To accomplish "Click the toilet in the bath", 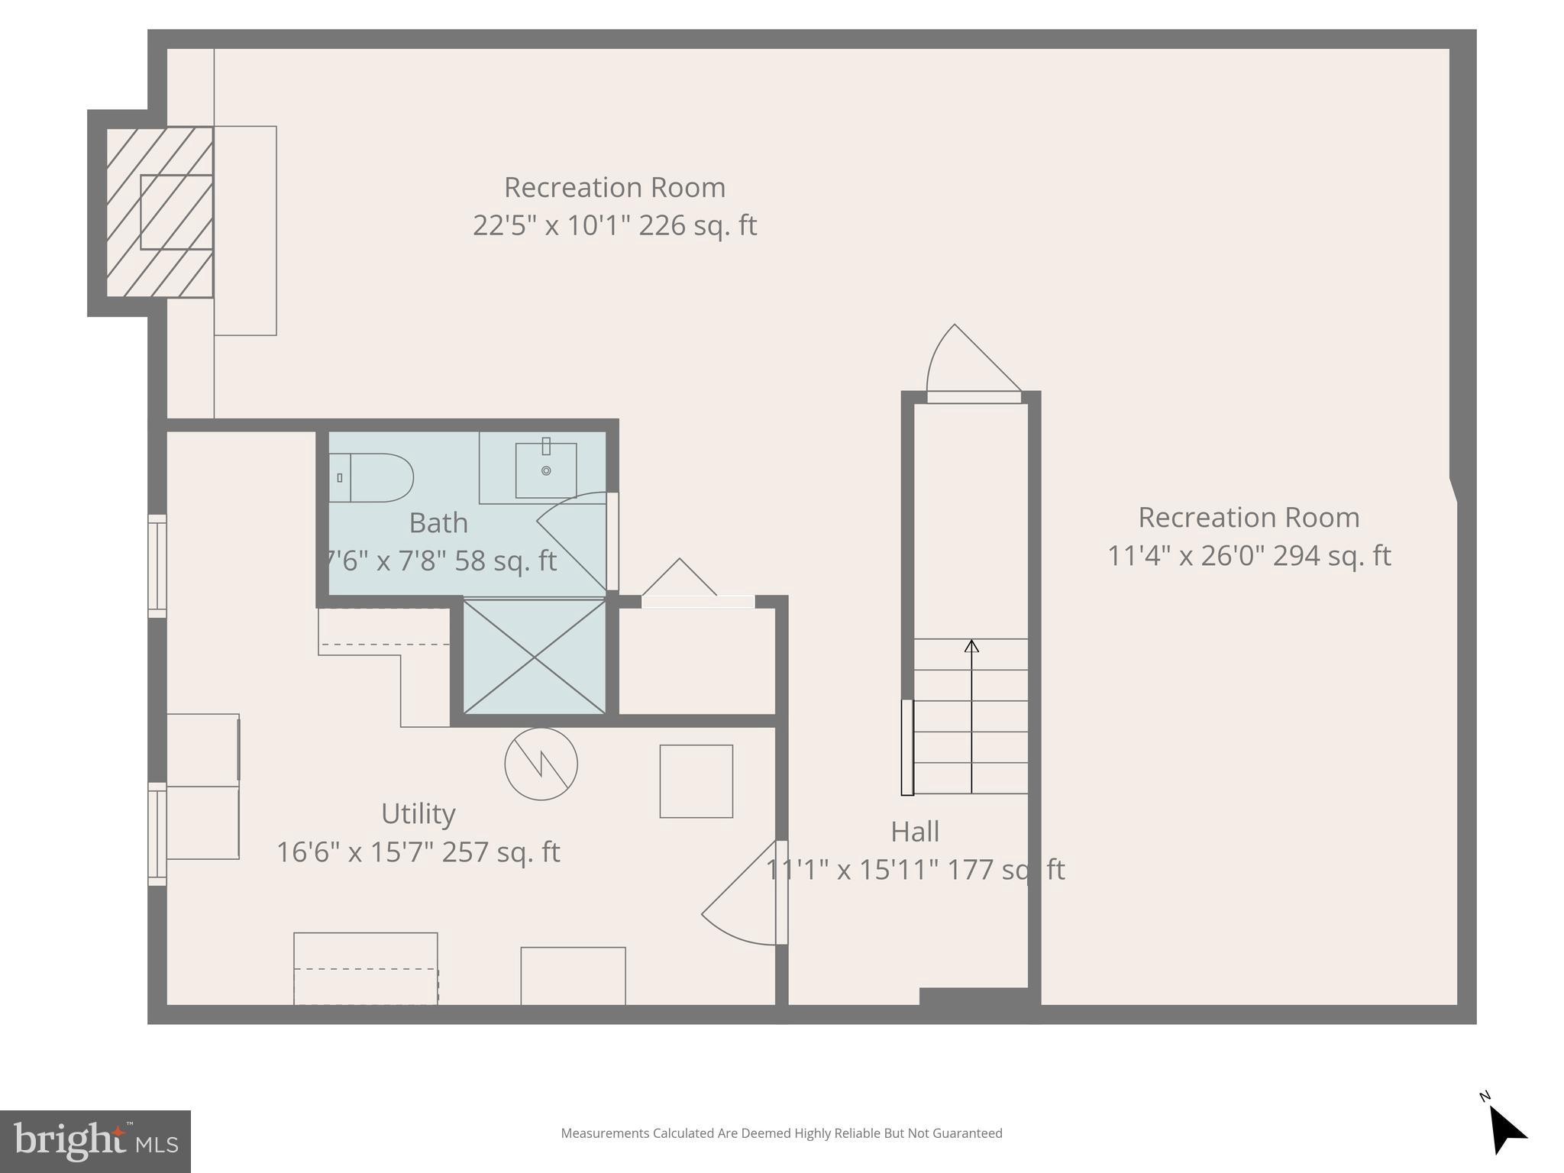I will point(372,477).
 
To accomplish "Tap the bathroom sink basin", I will point(545,470).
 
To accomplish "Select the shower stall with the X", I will point(535,658).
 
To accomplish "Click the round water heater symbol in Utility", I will point(541,764).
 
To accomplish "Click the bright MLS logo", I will point(95,1142).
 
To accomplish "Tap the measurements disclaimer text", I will point(781,1133).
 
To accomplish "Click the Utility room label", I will point(418,814).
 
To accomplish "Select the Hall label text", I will point(914,832).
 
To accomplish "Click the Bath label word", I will point(438,523).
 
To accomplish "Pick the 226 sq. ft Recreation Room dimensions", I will point(614,226).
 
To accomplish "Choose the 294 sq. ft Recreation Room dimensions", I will point(1249,556).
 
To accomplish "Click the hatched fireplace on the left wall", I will point(160,212).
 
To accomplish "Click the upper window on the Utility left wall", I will point(157,566).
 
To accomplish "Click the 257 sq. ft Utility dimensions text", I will point(418,852).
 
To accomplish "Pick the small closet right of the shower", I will point(696,661).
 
